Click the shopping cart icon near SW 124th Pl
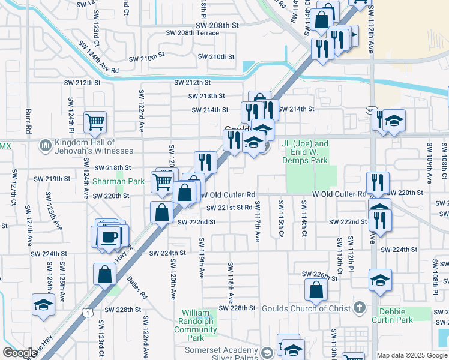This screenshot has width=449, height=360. (95, 122)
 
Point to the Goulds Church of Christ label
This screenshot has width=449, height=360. (307, 308)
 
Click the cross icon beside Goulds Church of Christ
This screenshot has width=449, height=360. (359, 308)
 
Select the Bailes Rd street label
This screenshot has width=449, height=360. (137, 287)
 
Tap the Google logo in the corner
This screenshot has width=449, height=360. (19, 353)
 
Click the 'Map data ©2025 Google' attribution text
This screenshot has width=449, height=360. (411, 355)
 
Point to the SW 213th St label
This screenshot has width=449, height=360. (206, 95)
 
